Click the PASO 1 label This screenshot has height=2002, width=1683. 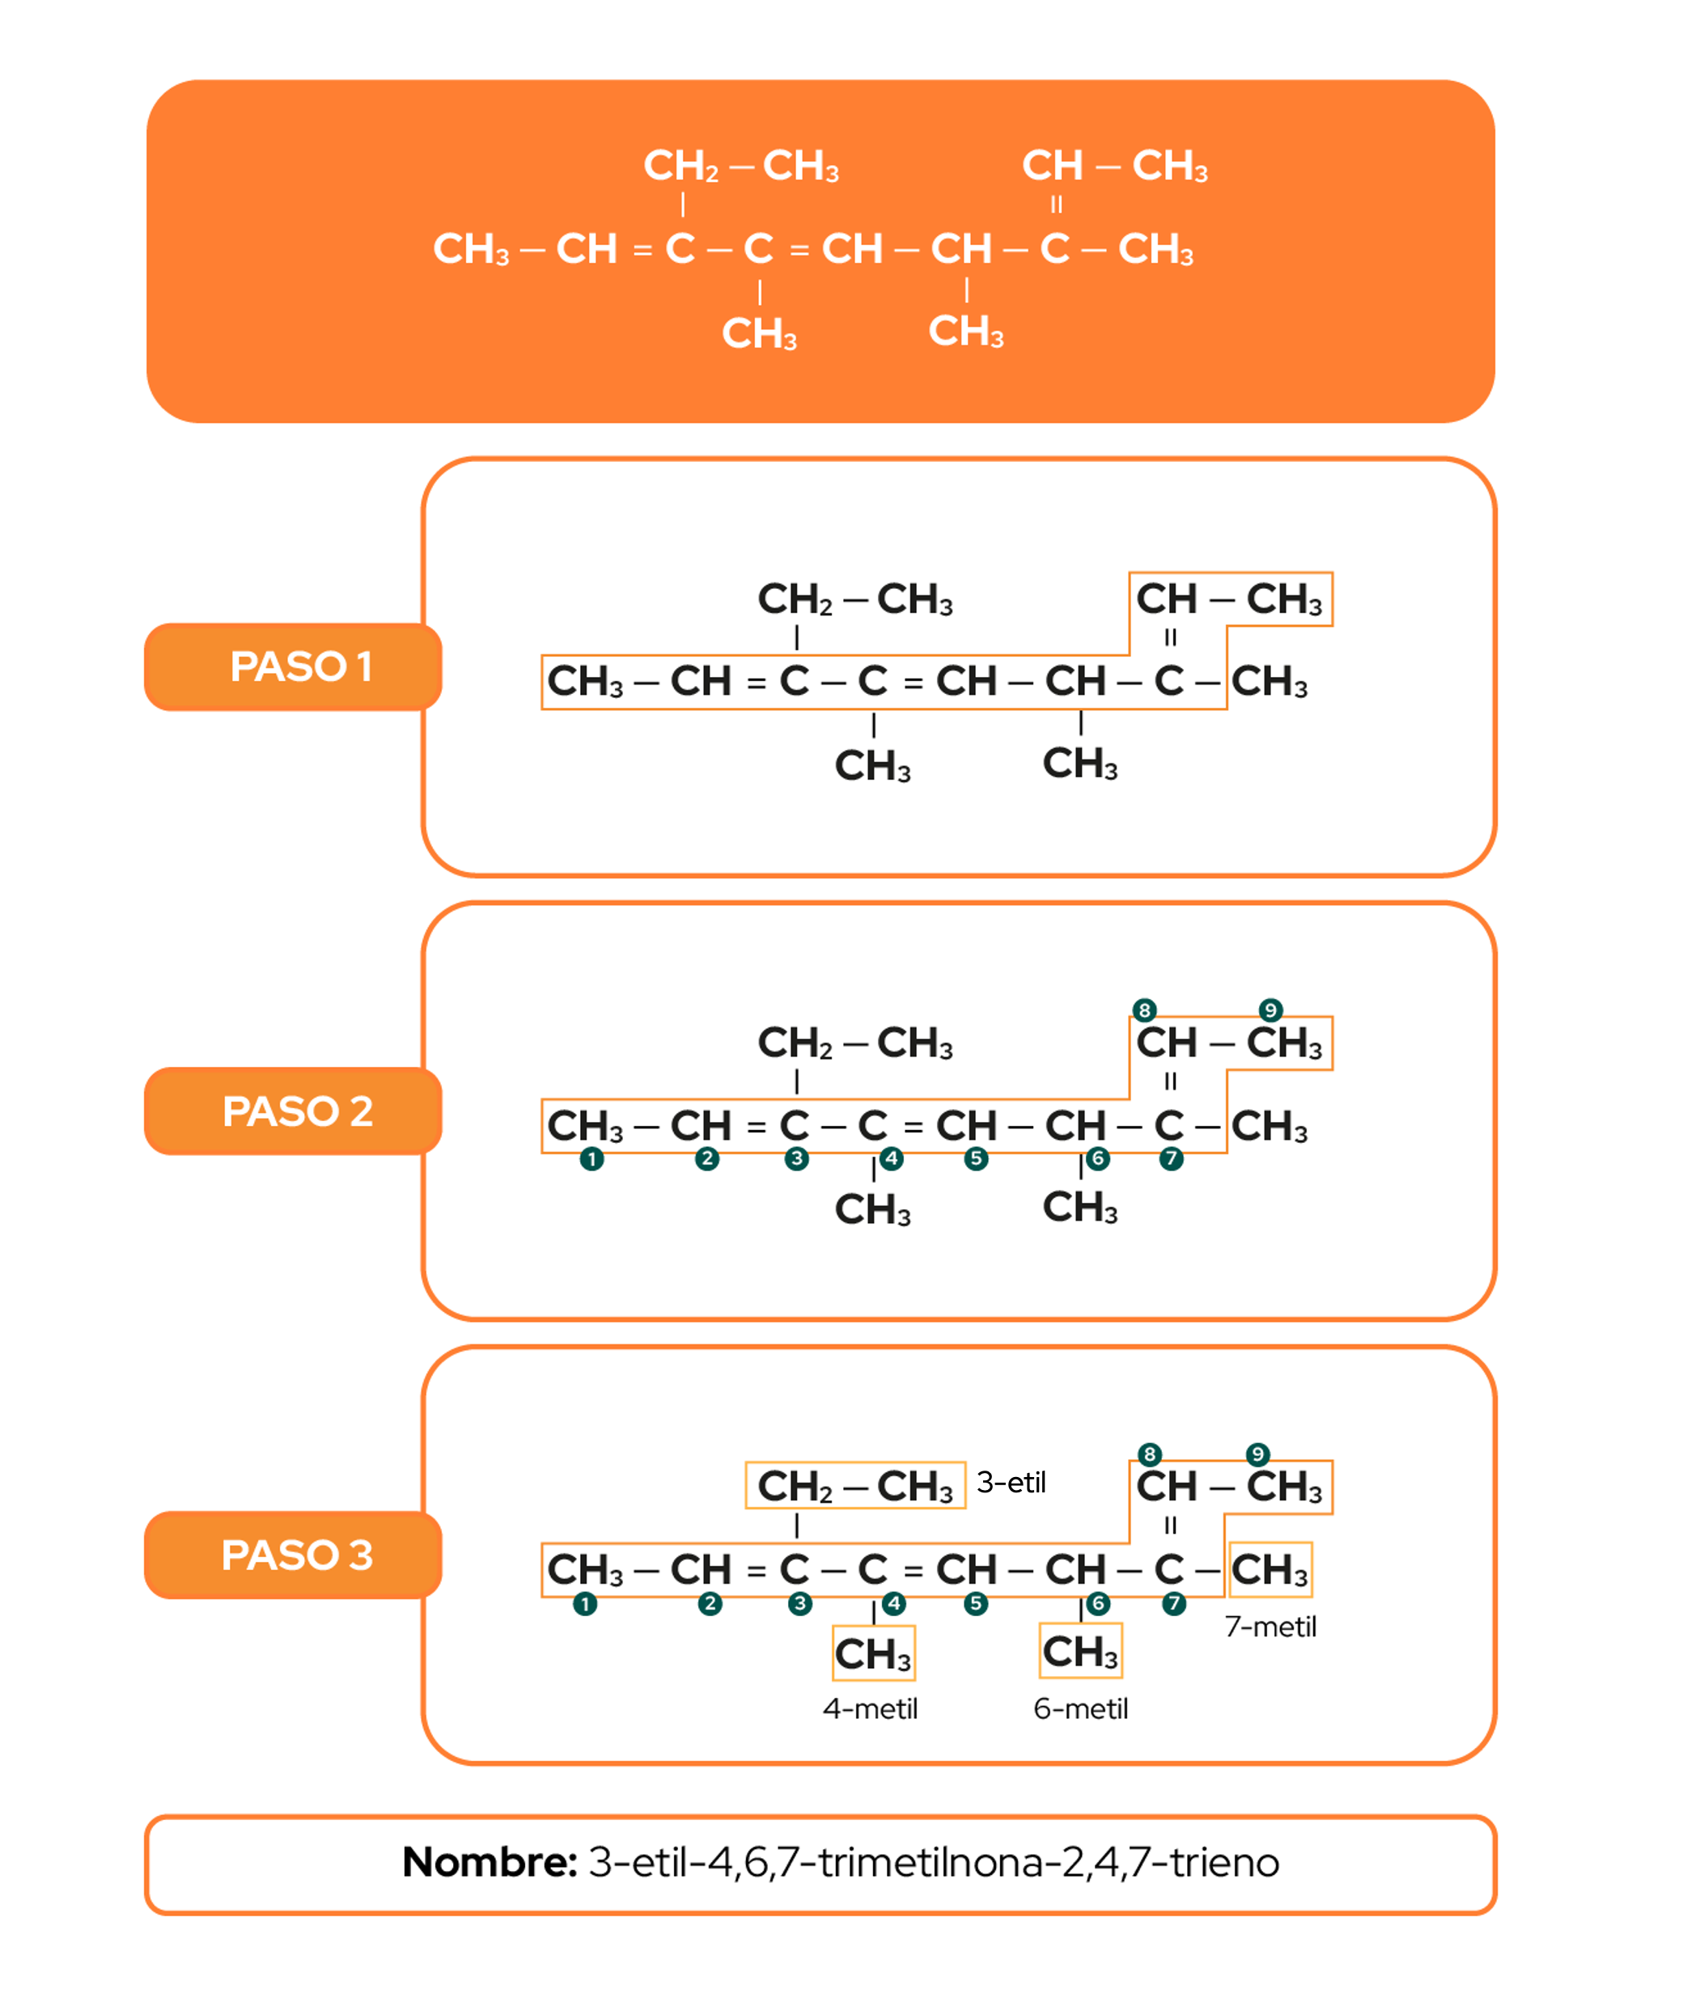pos(300,667)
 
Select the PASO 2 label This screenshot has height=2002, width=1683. pos(298,1111)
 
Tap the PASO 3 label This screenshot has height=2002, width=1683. pos(298,1555)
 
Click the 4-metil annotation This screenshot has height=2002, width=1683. pos(870,1708)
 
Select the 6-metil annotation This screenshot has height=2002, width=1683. pos(1080,1708)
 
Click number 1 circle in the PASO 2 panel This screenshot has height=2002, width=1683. pos(591,1159)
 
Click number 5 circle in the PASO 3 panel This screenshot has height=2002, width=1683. pos(975,1603)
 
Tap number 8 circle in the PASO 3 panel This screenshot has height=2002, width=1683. pos(1150,1454)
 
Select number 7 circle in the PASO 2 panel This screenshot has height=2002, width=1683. pos(1172,1159)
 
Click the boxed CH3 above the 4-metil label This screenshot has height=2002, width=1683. pos(873,1654)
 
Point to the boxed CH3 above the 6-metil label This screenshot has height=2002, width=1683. pos(1080,1651)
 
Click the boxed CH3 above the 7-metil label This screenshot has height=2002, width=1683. pos(1270,1570)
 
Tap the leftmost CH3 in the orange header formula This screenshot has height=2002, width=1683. pos(471,249)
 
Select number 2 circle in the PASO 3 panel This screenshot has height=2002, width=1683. pos(710,1603)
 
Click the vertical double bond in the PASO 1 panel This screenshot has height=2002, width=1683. pos(1171,637)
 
